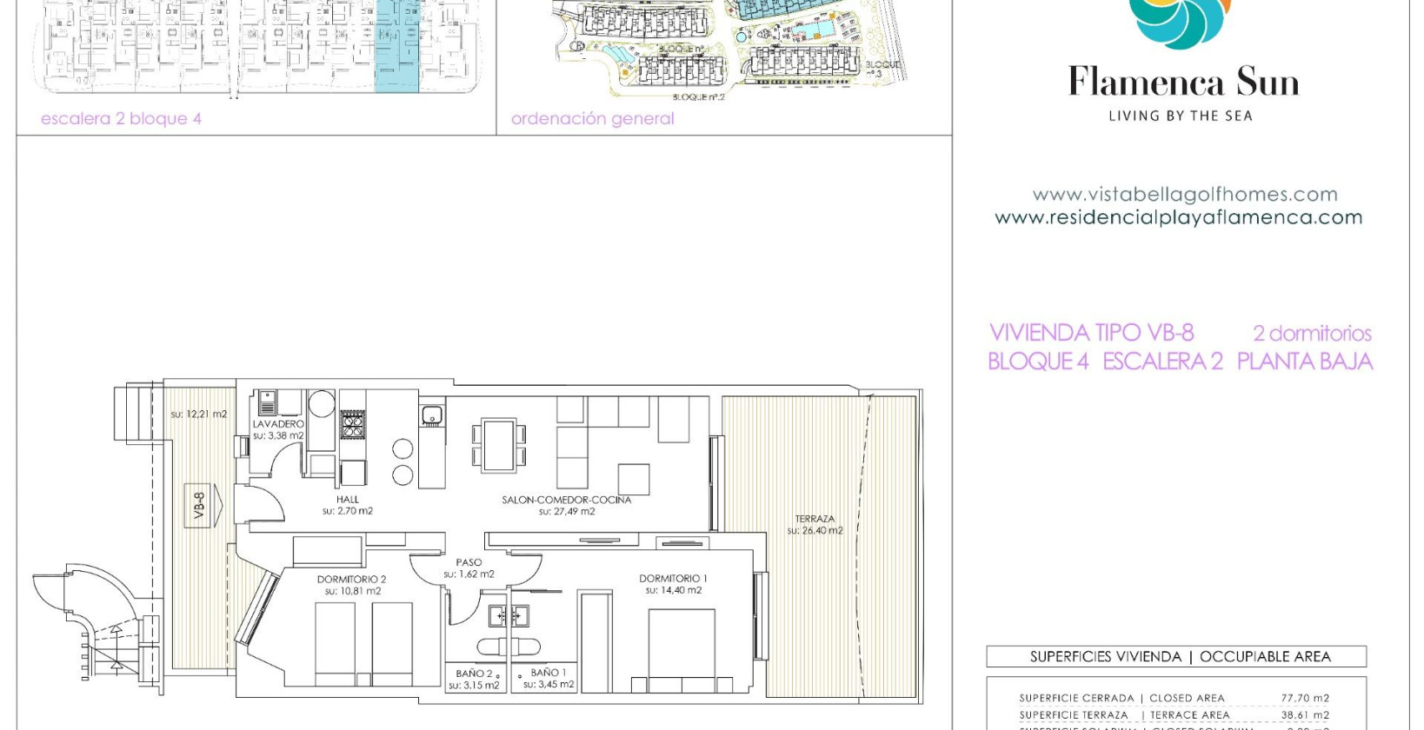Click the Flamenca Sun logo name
pyautogui.click(x=1183, y=83)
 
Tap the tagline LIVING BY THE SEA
pyautogui.click(x=1180, y=116)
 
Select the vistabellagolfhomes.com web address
pyautogui.click(x=1184, y=195)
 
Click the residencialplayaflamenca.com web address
pyautogui.click(x=1178, y=218)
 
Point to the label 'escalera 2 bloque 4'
pyautogui.click(x=121, y=119)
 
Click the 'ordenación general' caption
pyautogui.click(x=592, y=119)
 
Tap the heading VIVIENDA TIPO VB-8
pyautogui.click(x=1091, y=333)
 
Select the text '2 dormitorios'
pyautogui.click(x=1312, y=334)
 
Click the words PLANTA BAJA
pyautogui.click(x=1304, y=362)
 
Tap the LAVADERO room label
pyautogui.click(x=278, y=424)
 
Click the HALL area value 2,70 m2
pyautogui.click(x=348, y=512)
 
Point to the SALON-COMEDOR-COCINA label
pyautogui.click(x=566, y=500)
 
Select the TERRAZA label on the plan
pyautogui.click(x=815, y=519)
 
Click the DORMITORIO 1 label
pyautogui.click(x=673, y=578)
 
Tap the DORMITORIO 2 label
pyautogui.click(x=351, y=579)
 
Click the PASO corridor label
pyautogui.click(x=469, y=562)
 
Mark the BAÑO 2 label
pyautogui.click(x=474, y=674)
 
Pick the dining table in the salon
pyautogui.click(x=499, y=445)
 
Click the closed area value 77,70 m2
pyautogui.click(x=1304, y=698)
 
